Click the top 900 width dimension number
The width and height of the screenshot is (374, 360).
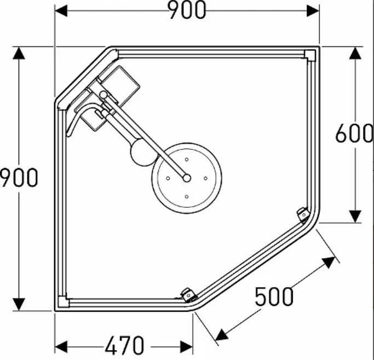[187, 10]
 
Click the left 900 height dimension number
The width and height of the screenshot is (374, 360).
[19, 177]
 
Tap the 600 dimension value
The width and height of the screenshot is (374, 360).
[354, 133]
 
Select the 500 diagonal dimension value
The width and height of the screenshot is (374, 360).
[274, 297]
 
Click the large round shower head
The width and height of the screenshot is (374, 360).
[187, 178]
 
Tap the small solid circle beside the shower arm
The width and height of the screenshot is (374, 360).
[143, 153]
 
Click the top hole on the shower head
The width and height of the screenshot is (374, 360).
[187, 159]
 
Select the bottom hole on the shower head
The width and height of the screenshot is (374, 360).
[187, 196]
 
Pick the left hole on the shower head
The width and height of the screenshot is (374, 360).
[168, 178]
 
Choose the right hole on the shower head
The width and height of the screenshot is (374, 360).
[205, 178]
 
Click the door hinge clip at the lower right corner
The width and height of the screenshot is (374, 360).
[303, 215]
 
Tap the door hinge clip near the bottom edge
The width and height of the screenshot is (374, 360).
[189, 295]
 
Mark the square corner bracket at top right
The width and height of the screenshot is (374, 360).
[310, 55]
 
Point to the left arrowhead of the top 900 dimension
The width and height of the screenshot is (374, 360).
[61, 11]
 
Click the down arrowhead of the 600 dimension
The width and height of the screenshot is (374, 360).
[355, 216]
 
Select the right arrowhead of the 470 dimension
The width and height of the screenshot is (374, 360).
[186, 347]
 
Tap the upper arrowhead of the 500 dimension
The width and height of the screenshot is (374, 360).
[329, 262]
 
